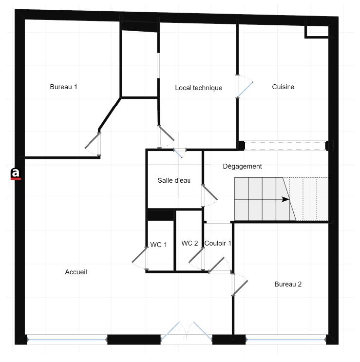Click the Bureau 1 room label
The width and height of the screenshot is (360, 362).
click(63, 87)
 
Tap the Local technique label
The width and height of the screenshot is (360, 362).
click(198, 88)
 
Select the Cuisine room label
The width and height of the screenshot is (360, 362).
click(283, 87)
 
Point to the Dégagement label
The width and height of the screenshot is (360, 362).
click(242, 167)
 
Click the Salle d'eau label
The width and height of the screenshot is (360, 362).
click(173, 180)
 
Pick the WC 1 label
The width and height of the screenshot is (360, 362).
click(159, 245)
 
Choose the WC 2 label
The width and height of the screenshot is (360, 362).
click(189, 243)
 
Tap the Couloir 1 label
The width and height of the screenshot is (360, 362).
click(218, 243)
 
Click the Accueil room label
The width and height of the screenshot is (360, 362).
click(76, 272)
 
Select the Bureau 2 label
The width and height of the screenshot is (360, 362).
click(288, 284)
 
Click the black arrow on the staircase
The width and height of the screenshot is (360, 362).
click(285, 199)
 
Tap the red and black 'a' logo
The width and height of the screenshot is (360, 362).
click(16, 173)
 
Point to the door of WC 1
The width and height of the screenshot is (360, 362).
click(140, 256)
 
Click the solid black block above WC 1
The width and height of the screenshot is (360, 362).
click(161, 215)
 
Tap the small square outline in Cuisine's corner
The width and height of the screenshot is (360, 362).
click(317, 31)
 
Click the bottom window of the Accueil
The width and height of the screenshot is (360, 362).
click(67, 339)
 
